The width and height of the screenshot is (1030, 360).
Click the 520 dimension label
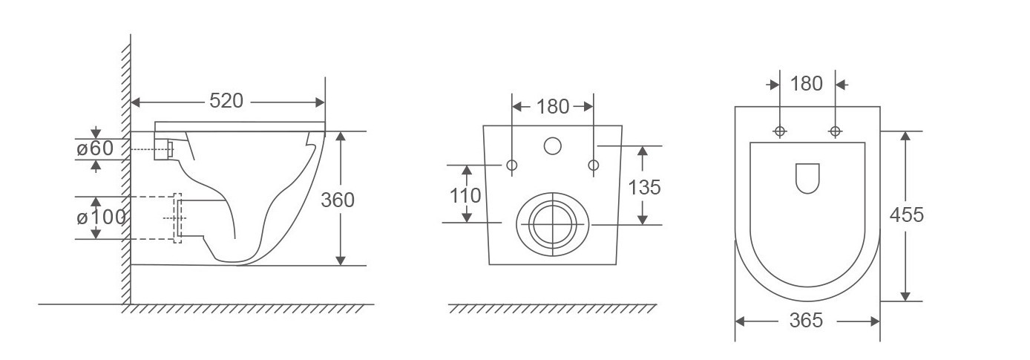(x=226, y=101)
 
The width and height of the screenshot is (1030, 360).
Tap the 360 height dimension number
(x=338, y=200)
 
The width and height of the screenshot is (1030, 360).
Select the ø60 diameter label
(x=95, y=148)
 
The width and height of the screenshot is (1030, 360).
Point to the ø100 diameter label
(x=101, y=217)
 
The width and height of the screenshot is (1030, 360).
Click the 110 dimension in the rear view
(x=465, y=196)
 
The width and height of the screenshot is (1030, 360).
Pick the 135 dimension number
(x=644, y=188)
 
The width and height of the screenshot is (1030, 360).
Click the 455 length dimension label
(x=906, y=215)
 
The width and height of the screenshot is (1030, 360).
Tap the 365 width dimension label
(x=806, y=321)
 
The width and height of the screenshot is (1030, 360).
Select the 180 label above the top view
(x=807, y=84)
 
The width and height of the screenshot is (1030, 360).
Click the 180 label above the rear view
(x=553, y=107)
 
